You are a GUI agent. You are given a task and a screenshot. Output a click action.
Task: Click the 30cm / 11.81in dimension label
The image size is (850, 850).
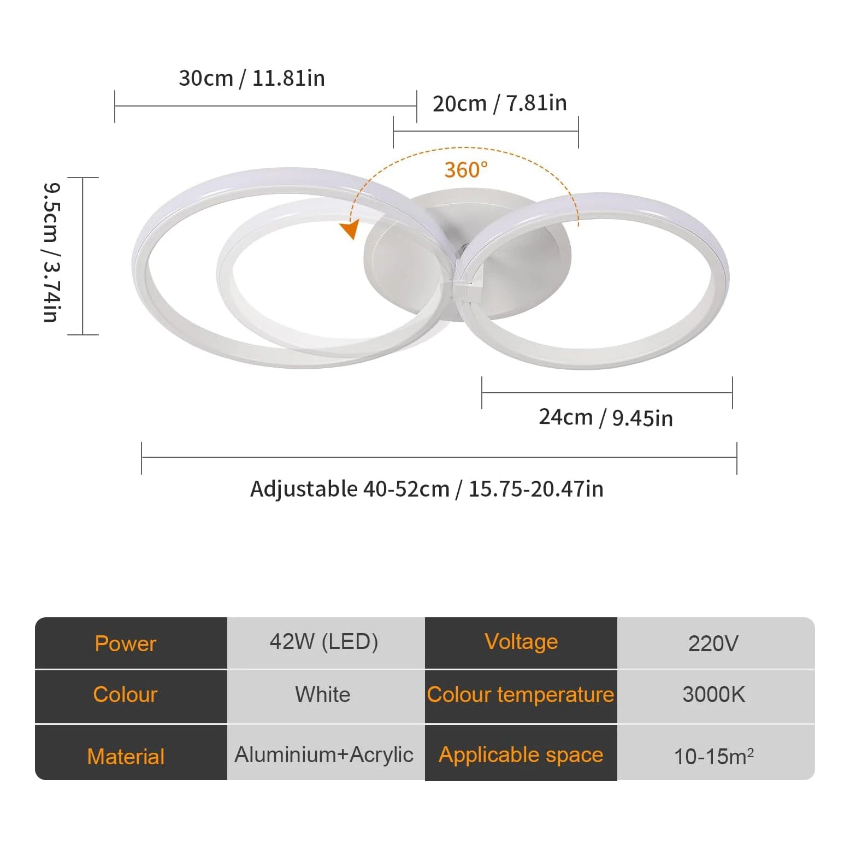[252, 79]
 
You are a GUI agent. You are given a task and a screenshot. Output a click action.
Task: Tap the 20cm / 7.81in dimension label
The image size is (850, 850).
[499, 103]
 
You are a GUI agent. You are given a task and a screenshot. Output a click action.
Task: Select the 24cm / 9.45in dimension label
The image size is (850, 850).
[605, 418]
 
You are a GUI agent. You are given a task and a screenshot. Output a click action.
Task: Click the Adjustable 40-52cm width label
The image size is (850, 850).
[427, 489]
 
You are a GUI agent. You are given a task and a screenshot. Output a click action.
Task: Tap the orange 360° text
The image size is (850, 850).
[465, 170]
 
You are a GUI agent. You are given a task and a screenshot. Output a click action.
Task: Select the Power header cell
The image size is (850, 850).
[126, 644]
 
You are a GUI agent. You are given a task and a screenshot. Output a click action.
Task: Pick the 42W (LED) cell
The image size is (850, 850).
[324, 642]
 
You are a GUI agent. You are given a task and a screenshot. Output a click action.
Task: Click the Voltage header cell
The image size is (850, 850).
[521, 642]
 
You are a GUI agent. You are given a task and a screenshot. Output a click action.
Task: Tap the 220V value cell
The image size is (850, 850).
[713, 644]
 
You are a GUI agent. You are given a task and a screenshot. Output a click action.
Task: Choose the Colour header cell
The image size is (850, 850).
[126, 695]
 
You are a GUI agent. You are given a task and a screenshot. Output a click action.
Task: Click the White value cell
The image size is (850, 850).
[323, 695]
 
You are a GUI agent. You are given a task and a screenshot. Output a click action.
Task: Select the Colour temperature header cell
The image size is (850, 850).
[521, 695]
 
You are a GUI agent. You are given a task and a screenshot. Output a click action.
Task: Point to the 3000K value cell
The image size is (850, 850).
[713, 695]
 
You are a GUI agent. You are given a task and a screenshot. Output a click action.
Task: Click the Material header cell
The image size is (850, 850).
[126, 757]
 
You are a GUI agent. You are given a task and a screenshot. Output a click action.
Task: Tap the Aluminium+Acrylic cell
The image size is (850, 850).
[324, 755]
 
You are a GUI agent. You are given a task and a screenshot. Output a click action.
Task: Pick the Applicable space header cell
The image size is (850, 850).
[521, 755]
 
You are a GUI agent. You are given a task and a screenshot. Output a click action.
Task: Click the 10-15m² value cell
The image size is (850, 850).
[713, 757]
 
